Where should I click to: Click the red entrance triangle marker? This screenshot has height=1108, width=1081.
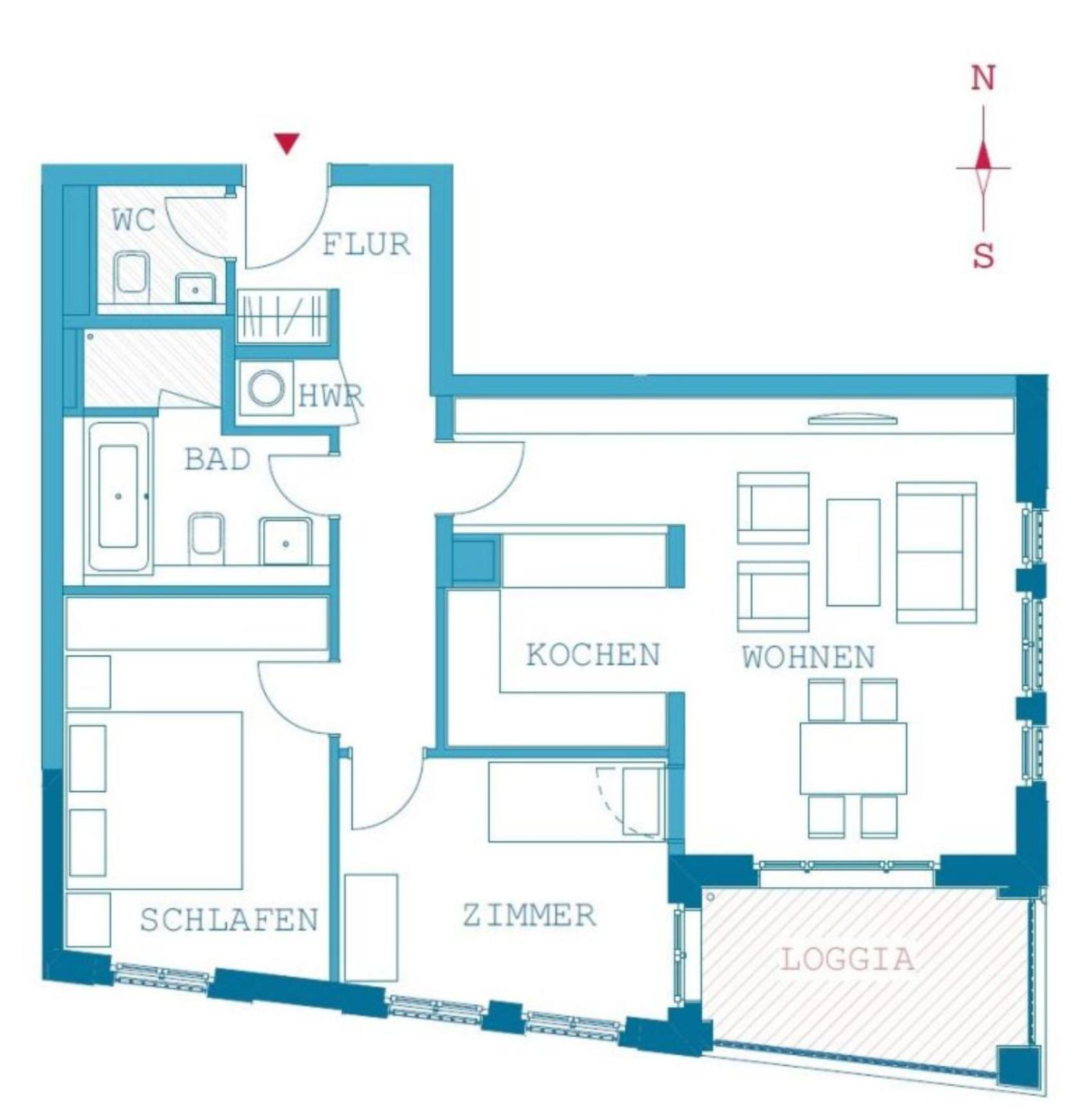287,143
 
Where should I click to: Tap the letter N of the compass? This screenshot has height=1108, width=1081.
983,78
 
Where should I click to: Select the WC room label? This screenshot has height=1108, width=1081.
134,220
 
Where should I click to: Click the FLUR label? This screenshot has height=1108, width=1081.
366,245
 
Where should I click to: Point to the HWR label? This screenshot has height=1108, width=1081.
331,396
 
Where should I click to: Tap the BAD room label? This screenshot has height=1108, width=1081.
218,460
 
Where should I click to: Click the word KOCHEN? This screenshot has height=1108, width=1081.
593,655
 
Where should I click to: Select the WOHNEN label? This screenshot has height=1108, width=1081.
809,657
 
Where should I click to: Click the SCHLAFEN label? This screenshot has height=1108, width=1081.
229,920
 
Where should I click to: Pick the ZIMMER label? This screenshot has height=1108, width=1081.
530,915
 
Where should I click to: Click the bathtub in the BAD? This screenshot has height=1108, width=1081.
119,496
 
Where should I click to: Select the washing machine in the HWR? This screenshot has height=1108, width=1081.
266,388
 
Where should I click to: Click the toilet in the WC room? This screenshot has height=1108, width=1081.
132,277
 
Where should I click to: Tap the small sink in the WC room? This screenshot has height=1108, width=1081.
195,288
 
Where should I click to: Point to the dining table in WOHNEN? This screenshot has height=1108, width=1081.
853,758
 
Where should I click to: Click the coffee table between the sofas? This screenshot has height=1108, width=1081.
853,552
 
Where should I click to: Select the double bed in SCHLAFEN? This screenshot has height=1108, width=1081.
154,800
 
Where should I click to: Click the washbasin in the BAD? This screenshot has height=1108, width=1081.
286,541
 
